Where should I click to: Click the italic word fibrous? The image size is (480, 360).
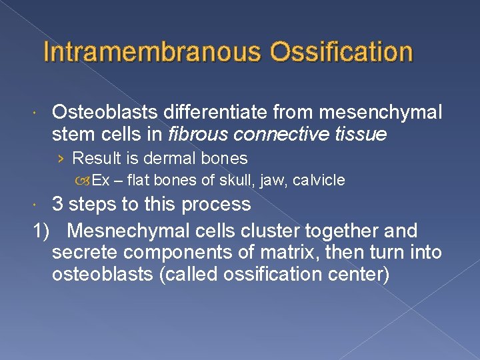pos(197,135)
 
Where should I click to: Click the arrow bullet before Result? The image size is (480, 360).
pos(61,159)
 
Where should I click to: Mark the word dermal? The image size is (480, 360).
pos(176,159)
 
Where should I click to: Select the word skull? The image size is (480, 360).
pos(235,180)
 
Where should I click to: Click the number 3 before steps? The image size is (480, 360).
pos(58,204)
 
